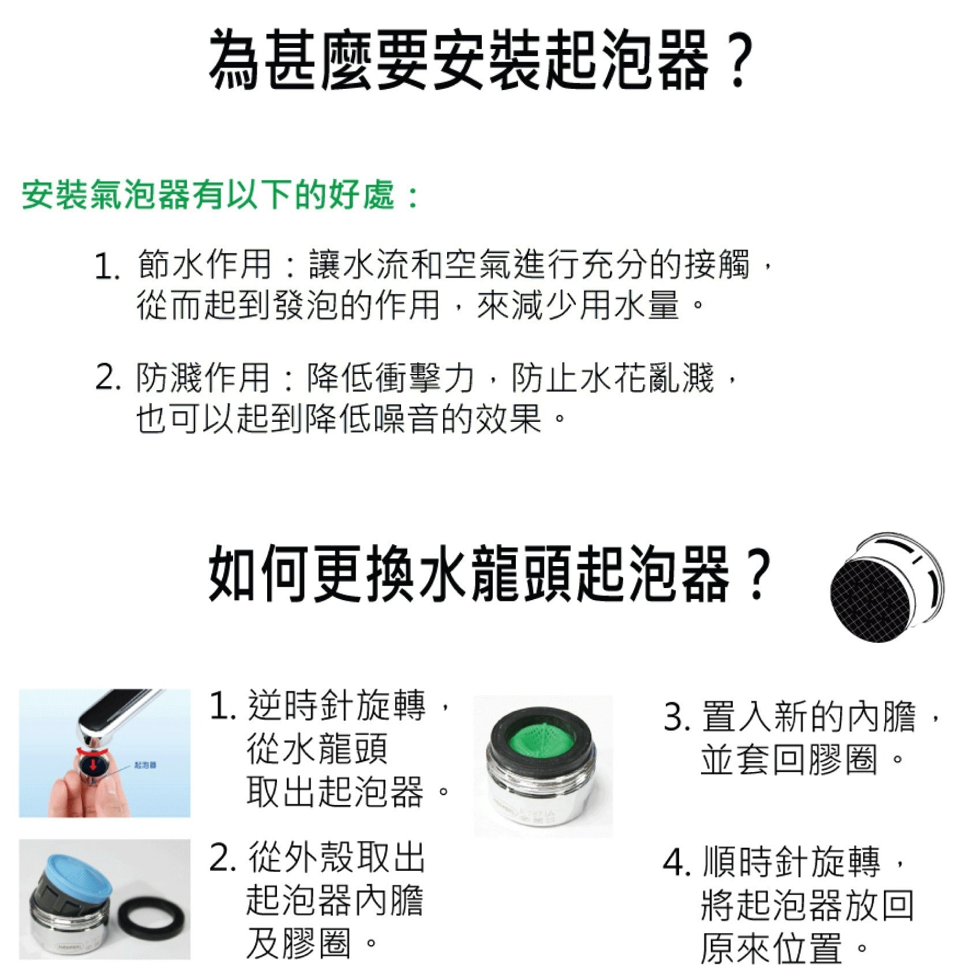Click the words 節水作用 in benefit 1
(x=204, y=265)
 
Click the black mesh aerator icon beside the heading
(x=887, y=587)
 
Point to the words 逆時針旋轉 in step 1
(x=337, y=705)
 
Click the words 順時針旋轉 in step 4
(x=791, y=862)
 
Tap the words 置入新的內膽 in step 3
(x=808, y=717)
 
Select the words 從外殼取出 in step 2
(x=337, y=857)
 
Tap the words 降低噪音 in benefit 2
(x=371, y=418)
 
